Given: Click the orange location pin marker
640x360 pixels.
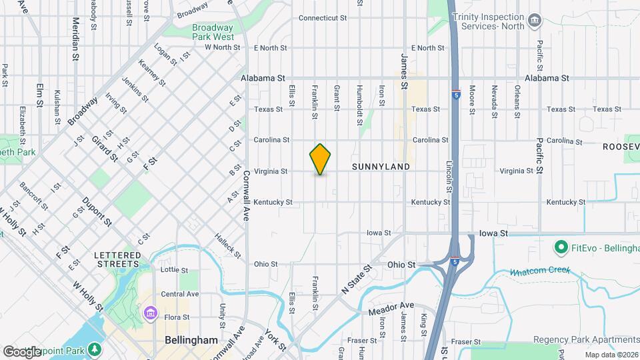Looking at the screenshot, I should click(x=321, y=159).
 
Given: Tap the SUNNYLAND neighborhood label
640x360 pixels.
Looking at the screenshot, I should click(x=380, y=167).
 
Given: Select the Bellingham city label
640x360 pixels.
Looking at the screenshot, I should click(x=191, y=340).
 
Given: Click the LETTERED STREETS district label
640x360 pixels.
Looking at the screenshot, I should click(x=117, y=259).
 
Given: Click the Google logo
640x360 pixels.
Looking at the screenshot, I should click(x=22, y=351).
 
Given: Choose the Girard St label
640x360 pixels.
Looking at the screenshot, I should click(x=105, y=149).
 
